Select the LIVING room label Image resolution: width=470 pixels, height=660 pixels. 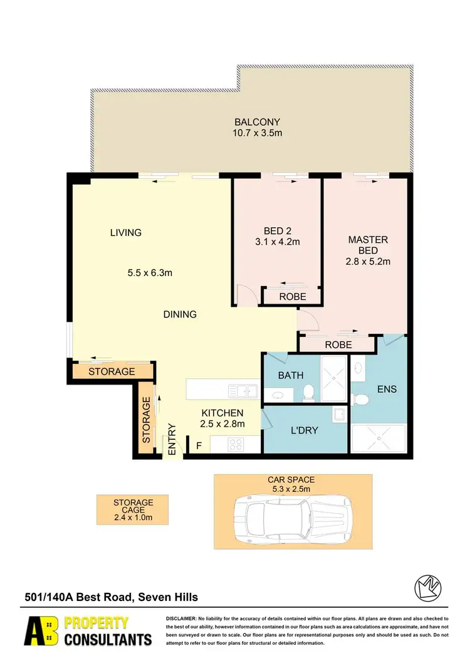click(126, 233)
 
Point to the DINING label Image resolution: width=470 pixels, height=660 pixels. click(180, 314)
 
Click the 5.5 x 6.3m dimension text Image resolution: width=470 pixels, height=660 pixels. click(150, 273)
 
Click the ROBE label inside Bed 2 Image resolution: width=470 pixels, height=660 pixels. click(293, 297)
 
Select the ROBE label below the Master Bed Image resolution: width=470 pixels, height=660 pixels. click(338, 345)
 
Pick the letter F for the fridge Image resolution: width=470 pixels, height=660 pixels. click(199, 447)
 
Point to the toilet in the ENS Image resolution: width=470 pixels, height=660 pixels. click(359, 400)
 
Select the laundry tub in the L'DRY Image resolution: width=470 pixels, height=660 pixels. click(339, 415)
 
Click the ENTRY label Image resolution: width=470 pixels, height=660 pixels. click(172, 439)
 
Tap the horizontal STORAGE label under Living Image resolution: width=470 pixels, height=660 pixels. click(112, 371)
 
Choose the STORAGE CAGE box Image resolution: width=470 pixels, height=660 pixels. click(133, 510)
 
